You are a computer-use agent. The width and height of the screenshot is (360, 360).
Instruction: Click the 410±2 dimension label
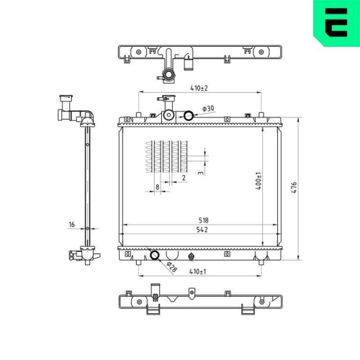[x=199, y=88]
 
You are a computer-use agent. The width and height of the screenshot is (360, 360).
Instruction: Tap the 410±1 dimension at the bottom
[x=197, y=271]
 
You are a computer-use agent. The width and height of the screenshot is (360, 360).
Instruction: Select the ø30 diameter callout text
[x=208, y=109]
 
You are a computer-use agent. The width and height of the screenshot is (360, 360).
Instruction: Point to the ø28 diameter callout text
[x=172, y=267]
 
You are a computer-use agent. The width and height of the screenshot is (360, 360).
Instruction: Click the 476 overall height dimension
[x=294, y=187]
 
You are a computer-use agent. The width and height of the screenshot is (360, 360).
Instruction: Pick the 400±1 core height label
[x=258, y=181]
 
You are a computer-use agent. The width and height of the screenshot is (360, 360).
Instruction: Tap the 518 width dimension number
[x=204, y=220]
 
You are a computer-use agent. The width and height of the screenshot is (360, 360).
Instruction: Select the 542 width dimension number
[x=202, y=230]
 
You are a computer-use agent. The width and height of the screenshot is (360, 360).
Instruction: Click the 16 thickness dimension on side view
[x=72, y=225]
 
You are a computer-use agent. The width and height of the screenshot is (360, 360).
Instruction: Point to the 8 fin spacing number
[x=158, y=186]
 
